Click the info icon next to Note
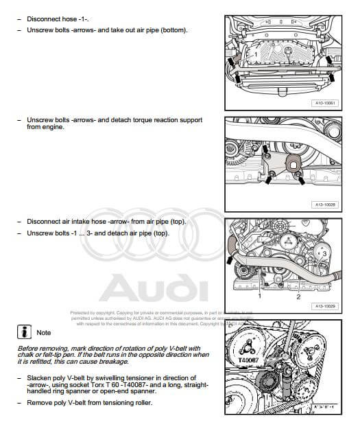coord(25,332)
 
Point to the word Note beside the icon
coord(44,333)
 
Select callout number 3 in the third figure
coord(324,254)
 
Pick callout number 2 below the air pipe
coord(298,297)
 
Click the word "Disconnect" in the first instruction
coord(43,19)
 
